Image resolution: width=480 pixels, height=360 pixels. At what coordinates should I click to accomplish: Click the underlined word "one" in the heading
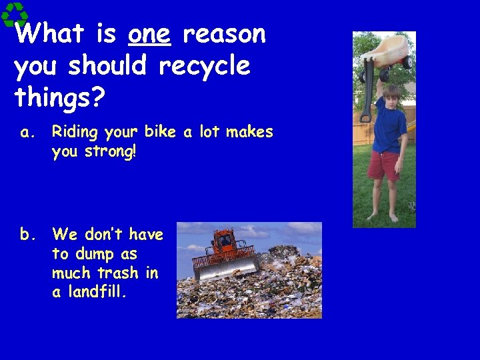point(150,34)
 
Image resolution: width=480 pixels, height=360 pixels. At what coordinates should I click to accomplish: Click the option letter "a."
point(27,133)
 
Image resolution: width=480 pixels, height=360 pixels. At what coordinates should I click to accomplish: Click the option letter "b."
point(27,235)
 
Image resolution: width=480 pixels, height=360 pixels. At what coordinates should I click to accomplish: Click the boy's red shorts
point(383,164)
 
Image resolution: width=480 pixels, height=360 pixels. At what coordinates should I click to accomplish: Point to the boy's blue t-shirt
point(389,127)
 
